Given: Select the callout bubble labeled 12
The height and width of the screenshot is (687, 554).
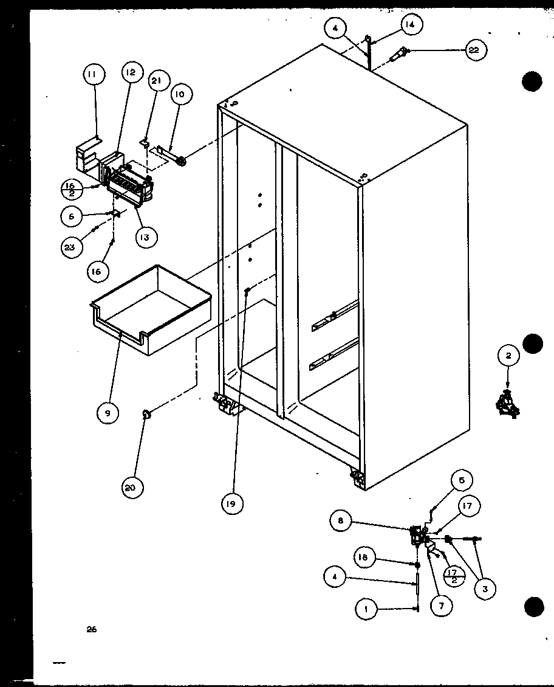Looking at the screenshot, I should coord(129,73).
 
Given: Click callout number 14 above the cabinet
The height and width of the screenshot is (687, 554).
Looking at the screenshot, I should coord(411,26).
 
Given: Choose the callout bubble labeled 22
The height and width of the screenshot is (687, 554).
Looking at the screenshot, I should coord(474,51).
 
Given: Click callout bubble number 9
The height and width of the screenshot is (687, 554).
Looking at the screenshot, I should coord(107,413).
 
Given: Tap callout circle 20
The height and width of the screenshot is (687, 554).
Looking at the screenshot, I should coord(132,487).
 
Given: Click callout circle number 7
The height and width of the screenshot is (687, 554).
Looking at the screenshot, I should coord(441,606).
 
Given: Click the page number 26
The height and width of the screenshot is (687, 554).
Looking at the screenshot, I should coord(91,630).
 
